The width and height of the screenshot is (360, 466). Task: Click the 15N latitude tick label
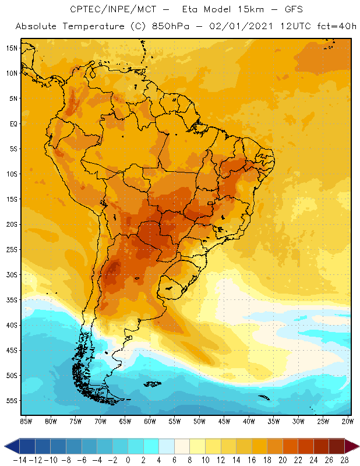(x=12, y=48)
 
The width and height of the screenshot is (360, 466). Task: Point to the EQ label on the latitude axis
(x=13, y=123)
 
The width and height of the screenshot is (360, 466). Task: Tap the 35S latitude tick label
(x=12, y=300)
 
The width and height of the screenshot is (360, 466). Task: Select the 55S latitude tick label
(x=12, y=401)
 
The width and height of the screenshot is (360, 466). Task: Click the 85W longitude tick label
(x=26, y=421)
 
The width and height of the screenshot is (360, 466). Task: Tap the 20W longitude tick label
(x=348, y=421)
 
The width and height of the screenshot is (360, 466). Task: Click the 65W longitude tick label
(x=125, y=421)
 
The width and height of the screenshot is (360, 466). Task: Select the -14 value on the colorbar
(x=20, y=460)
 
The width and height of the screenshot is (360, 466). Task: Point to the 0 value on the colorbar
(x=128, y=460)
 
